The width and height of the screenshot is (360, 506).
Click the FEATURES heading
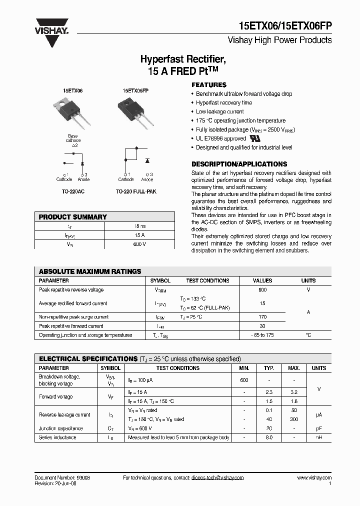point(209,85)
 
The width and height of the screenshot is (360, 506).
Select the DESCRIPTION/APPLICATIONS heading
point(239,164)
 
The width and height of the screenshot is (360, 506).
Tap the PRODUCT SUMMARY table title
point(73,217)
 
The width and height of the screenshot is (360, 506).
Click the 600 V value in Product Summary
point(139,244)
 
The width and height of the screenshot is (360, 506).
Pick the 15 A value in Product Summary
point(139,235)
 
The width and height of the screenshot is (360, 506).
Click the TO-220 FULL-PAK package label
point(136,191)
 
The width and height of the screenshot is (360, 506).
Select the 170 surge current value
point(262,317)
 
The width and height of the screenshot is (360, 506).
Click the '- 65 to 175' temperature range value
point(262,335)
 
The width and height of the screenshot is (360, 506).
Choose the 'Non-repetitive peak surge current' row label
point(73,317)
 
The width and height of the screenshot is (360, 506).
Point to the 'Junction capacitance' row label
point(61,428)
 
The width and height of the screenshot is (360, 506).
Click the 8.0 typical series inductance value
point(269,437)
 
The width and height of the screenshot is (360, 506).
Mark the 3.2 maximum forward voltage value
point(294,392)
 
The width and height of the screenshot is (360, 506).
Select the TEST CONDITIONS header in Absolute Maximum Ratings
point(207,281)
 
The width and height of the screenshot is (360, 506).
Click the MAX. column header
point(294,368)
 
